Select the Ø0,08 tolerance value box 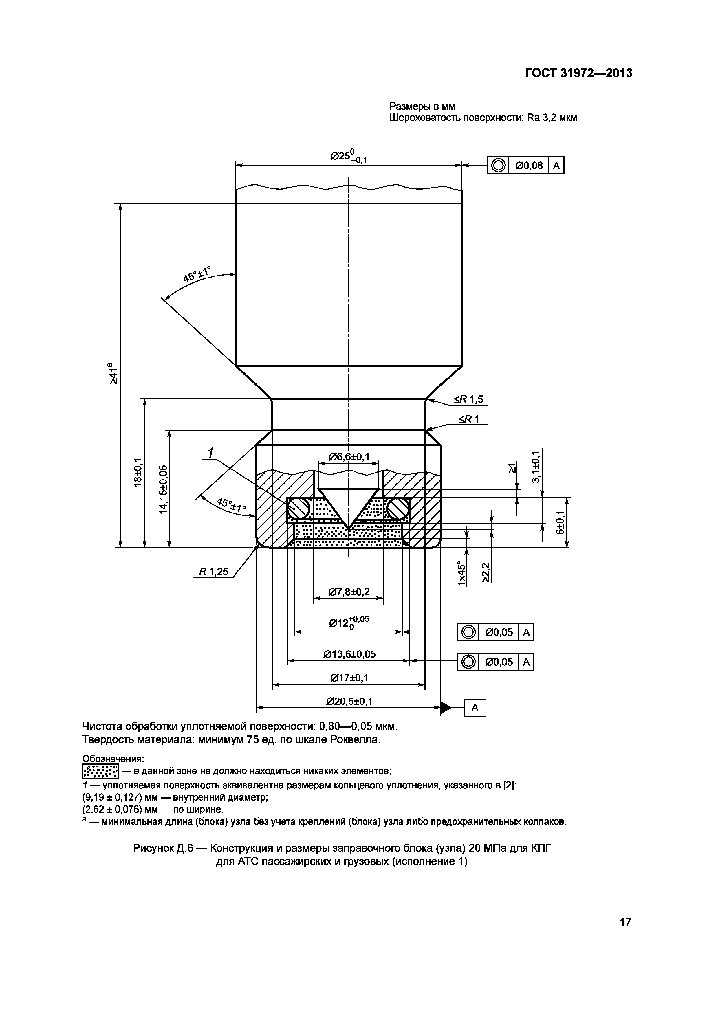(529, 166)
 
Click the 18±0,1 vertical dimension (138, 472)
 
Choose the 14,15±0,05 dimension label (163, 489)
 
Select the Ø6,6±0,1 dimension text (349, 457)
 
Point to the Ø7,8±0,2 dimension (349, 592)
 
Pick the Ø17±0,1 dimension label (349, 678)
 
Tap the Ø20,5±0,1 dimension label (349, 702)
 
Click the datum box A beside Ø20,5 (475, 708)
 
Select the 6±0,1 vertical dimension (561, 522)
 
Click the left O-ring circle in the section (298, 509)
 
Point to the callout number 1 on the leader (211, 453)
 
